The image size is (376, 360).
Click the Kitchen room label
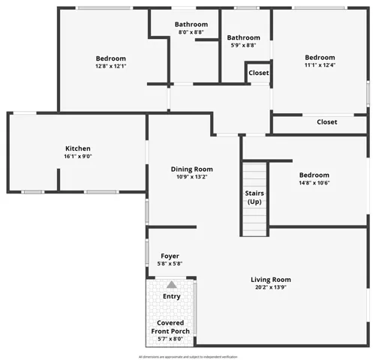pos(77,148)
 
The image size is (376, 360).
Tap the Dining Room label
pos(191,169)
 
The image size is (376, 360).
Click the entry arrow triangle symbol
pos(172,285)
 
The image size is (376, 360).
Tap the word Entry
pos(172,296)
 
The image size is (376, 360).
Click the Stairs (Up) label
pos(254,197)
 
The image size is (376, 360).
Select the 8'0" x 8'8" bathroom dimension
pos(191,32)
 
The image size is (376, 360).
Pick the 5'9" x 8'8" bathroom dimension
pos(244,45)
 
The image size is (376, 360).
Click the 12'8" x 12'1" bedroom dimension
pos(110,66)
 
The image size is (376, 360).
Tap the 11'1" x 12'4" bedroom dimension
pos(320,65)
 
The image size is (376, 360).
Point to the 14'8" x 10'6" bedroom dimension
pos(314,182)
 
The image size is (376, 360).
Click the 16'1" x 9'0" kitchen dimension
pos(77,156)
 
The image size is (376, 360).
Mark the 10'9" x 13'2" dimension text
pos(191,177)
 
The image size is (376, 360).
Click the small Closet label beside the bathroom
pos(259,73)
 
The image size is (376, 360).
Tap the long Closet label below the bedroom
pos(326,121)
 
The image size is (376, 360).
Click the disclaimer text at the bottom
pos(188,356)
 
